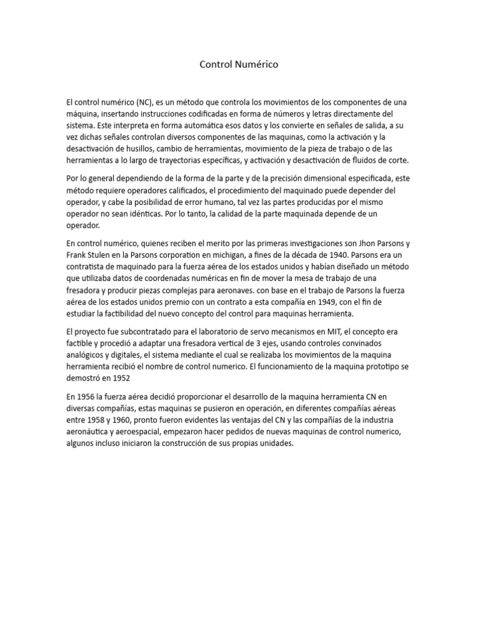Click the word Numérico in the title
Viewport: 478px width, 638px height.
258,64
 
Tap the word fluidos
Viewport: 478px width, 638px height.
360,161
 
